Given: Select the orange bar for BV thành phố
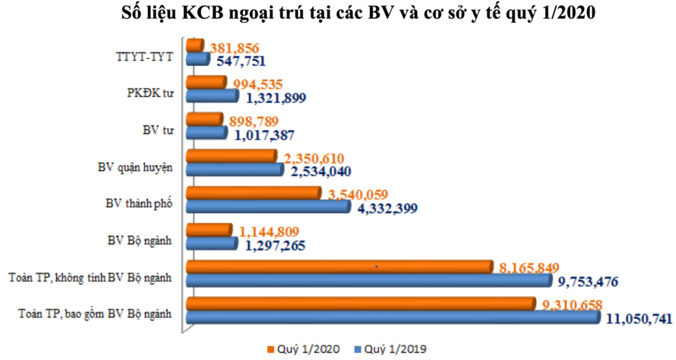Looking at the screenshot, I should (x=253, y=193).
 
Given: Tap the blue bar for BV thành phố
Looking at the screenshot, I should (x=268, y=207).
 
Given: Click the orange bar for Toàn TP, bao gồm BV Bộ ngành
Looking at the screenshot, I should (x=361, y=303).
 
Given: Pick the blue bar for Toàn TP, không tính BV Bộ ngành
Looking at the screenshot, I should (x=369, y=280).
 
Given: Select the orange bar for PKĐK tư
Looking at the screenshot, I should (x=206, y=82).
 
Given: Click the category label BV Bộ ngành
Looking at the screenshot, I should (x=140, y=240).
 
